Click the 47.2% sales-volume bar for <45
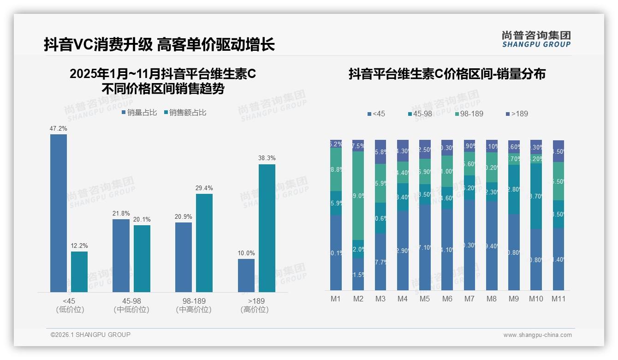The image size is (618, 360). click(59, 213)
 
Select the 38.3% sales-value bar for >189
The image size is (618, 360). click(267, 228)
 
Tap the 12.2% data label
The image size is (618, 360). click(79, 246)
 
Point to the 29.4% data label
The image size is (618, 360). click(204, 188)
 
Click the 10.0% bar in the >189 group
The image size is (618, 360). click(246, 275)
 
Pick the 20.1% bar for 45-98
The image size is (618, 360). click(142, 258)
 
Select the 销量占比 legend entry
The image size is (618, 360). click(139, 113)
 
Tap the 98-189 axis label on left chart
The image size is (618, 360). click(194, 301)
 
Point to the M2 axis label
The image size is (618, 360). click(358, 299)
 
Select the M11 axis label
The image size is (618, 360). click(559, 299)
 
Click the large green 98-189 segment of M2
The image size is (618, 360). click(358, 196)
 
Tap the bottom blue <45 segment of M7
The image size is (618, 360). click(469, 245)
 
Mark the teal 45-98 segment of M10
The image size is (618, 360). click(536, 196)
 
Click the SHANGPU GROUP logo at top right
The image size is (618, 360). click(536, 39)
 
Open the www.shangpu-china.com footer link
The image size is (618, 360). click(537, 335)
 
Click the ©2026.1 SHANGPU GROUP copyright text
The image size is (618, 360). click(90, 335)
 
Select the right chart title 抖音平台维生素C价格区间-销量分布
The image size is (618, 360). click(447, 74)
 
